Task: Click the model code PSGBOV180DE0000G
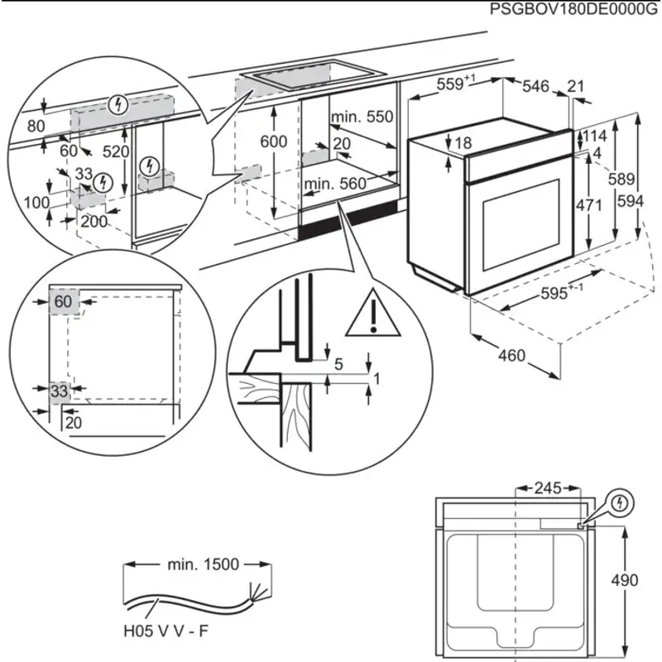click(x=573, y=9)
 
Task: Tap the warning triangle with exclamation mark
click(x=373, y=314)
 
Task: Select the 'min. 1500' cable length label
click(x=203, y=564)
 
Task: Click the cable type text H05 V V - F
click(x=166, y=631)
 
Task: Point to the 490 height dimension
click(x=625, y=581)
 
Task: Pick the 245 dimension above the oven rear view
click(x=548, y=488)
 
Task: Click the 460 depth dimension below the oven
click(x=511, y=356)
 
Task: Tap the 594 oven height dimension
click(x=631, y=201)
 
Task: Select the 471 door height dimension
click(x=588, y=205)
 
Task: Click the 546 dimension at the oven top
click(x=535, y=86)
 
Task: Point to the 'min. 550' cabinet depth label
click(x=362, y=117)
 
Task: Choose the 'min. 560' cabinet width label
click(x=335, y=184)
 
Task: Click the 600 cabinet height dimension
click(x=274, y=142)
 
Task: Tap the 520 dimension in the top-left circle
click(x=116, y=151)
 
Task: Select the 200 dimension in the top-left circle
click(x=94, y=221)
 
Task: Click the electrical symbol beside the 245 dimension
click(x=620, y=503)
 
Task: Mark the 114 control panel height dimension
click(x=595, y=136)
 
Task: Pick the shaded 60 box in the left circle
click(x=64, y=301)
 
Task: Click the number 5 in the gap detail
click(x=338, y=364)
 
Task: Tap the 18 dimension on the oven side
click(x=463, y=142)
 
